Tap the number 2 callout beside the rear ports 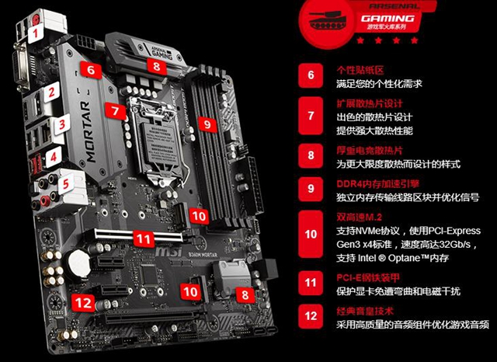(51, 92)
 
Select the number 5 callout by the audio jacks (67, 184)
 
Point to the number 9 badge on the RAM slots (205, 123)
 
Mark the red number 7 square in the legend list (311, 115)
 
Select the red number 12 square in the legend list (311, 316)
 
